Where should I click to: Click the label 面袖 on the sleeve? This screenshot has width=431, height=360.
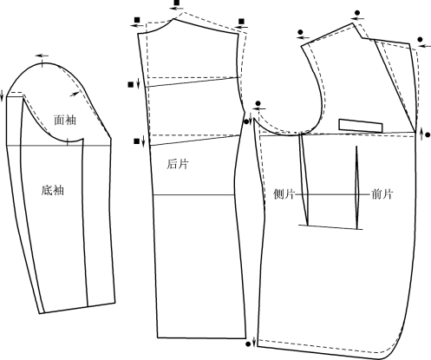65,120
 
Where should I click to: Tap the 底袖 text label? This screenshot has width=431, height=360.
52,190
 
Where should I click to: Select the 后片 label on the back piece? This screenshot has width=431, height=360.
177,164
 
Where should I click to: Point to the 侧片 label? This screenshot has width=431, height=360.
284,194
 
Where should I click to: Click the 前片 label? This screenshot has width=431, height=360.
382,194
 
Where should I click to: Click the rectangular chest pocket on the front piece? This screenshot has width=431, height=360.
361,126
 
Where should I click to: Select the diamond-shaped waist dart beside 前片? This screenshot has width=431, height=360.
356,187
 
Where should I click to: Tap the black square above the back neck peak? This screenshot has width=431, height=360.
177,3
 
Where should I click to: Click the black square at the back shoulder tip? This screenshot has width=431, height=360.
241,22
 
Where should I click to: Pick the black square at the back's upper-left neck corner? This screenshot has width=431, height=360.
137,20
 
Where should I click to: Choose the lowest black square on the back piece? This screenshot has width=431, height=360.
136,141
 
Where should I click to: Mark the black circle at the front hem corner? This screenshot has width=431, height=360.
248,344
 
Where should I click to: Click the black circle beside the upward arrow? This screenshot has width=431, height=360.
428,134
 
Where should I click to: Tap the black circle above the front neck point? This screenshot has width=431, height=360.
357,13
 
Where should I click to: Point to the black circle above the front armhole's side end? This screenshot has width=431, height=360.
258,103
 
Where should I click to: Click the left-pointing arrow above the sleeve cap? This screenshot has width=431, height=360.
42,56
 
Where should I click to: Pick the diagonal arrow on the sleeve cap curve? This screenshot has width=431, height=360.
75,94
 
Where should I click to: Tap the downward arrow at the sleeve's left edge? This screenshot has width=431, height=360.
2,95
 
